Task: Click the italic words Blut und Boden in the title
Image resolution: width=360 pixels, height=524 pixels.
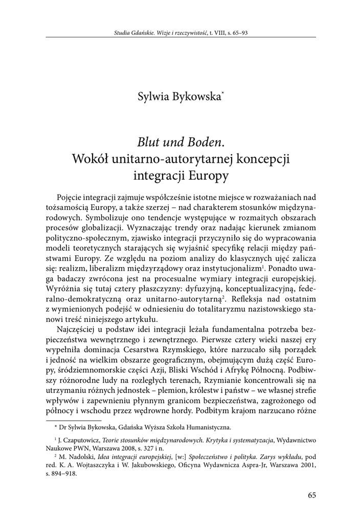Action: pos(172,140)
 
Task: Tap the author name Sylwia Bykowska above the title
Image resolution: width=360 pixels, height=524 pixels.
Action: pos(178,96)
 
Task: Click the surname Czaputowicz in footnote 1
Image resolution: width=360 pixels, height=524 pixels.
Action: pos(82,440)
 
